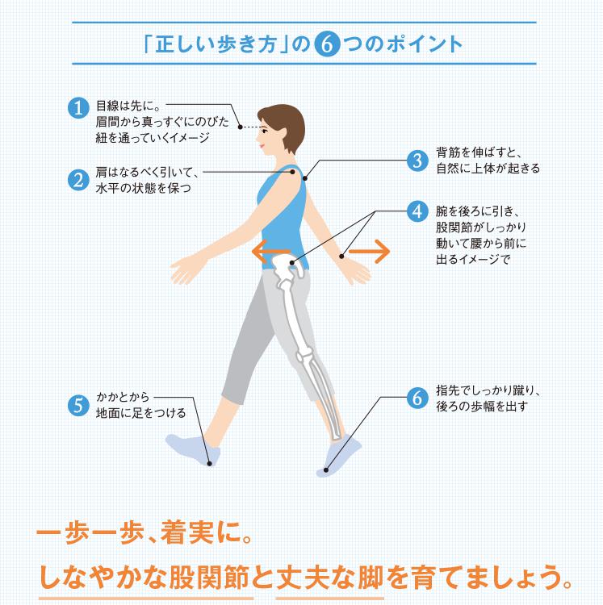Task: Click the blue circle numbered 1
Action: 77,108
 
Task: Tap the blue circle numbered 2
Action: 77,180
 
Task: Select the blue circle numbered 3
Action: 417,159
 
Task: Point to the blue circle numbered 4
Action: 417,211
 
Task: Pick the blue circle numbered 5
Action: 77,404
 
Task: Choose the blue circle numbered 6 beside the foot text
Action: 417,398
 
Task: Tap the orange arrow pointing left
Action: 266,252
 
